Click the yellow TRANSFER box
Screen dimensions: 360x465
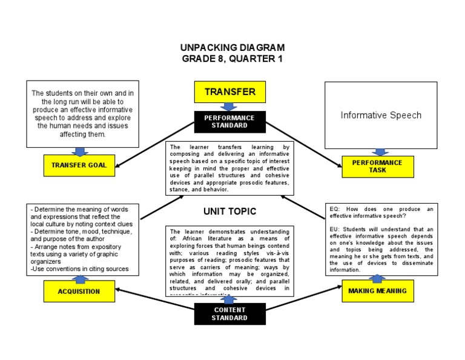click(229, 92)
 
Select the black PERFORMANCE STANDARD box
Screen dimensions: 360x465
click(229, 121)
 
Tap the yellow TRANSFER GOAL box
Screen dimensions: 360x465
click(79, 165)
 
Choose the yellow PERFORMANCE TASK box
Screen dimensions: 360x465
click(377, 167)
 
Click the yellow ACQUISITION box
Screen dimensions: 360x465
click(79, 292)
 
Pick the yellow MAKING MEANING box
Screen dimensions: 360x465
click(377, 291)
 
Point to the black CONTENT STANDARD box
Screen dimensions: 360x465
click(229, 313)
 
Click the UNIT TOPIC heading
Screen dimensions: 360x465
click(229, 212)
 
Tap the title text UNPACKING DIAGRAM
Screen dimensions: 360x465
click(232, 47)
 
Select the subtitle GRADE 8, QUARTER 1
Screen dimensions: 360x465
click(232, 59)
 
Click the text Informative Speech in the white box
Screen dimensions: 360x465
click(381, 115)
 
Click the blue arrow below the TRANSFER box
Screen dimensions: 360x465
click(229, 107)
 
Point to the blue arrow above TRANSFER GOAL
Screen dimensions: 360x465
click(79, 151)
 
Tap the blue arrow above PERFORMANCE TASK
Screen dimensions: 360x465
click(380, 152)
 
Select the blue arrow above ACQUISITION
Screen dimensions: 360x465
click(79, 278)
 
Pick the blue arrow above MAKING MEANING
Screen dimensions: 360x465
click(377, 278)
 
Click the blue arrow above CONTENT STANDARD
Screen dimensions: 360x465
click(229, 299)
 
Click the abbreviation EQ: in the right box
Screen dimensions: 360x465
click(335, 209)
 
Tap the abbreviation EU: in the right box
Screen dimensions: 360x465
click(335, 229)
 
